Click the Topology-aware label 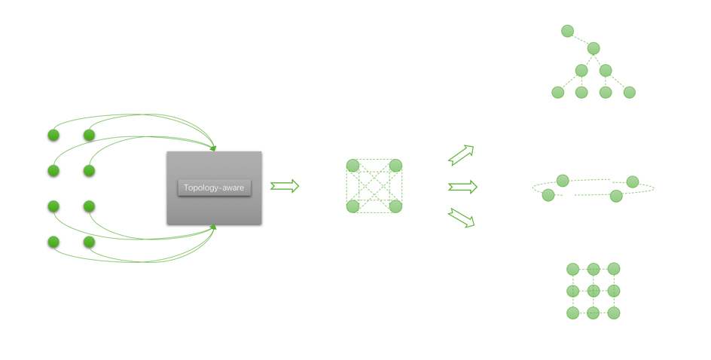click(x=214, y=188)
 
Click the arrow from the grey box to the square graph click(x=285, y=186)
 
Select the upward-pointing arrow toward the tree click(x=462, y=155)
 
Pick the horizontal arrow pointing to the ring click(x=463, y=187)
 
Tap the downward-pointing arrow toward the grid click(x=462, y=218)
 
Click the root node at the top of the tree click(x=568, y=31)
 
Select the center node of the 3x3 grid click(x=594, y=291)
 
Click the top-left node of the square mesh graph click(x=352, y=166)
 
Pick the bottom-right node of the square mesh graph click(x=396, y=206)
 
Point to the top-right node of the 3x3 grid click(x=614, y=268)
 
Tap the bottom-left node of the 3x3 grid click(x=573, y=313)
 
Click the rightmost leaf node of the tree click(x=630, y=93)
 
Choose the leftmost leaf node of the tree click(x=558, y=93)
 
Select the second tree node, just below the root click(x=594, y=48)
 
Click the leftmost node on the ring click(x=548, y=195)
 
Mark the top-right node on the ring click(x=633, y=182)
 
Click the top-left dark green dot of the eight click(x=53, y=135)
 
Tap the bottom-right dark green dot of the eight click(x=90, y=242)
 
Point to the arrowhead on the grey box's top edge click(x=214, y=148)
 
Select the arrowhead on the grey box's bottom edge click(x=214, y=227)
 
